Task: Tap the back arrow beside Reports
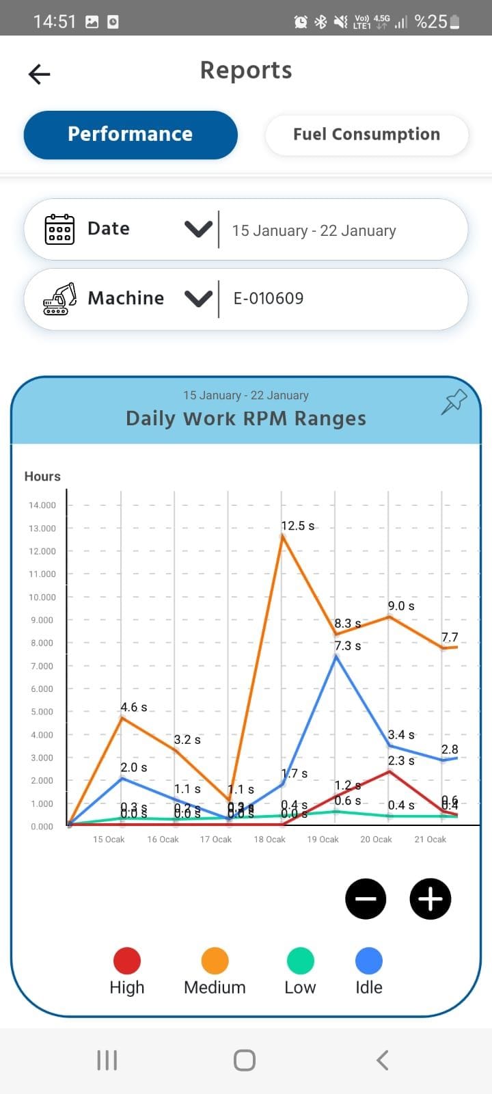click(40, 74)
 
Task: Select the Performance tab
click(131, 135)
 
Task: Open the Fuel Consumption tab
click(366, 135)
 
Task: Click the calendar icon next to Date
click(59, 229)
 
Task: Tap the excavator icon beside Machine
click(60, 299)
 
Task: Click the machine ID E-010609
click(269, 299)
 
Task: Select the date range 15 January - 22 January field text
click(314, 231)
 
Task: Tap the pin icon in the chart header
click(454, 402)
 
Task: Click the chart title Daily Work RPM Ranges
click(246, 418)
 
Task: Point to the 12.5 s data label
click(298, 526)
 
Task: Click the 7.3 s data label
click(348, 645)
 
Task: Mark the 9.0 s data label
click(401, 606)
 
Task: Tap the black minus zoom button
click(366, 898)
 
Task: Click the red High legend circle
click(127, 961)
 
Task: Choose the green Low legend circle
click(300, 961)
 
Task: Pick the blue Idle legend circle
click(369, 961)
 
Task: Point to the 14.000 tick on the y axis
click(42, 505)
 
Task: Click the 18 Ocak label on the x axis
click(270, 840)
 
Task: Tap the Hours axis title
click(42, 477)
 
